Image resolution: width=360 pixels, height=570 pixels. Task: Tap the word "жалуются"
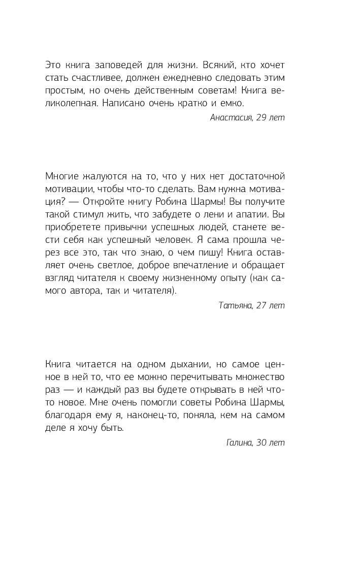click(102, 176)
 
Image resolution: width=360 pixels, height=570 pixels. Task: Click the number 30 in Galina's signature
click(263, 443)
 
